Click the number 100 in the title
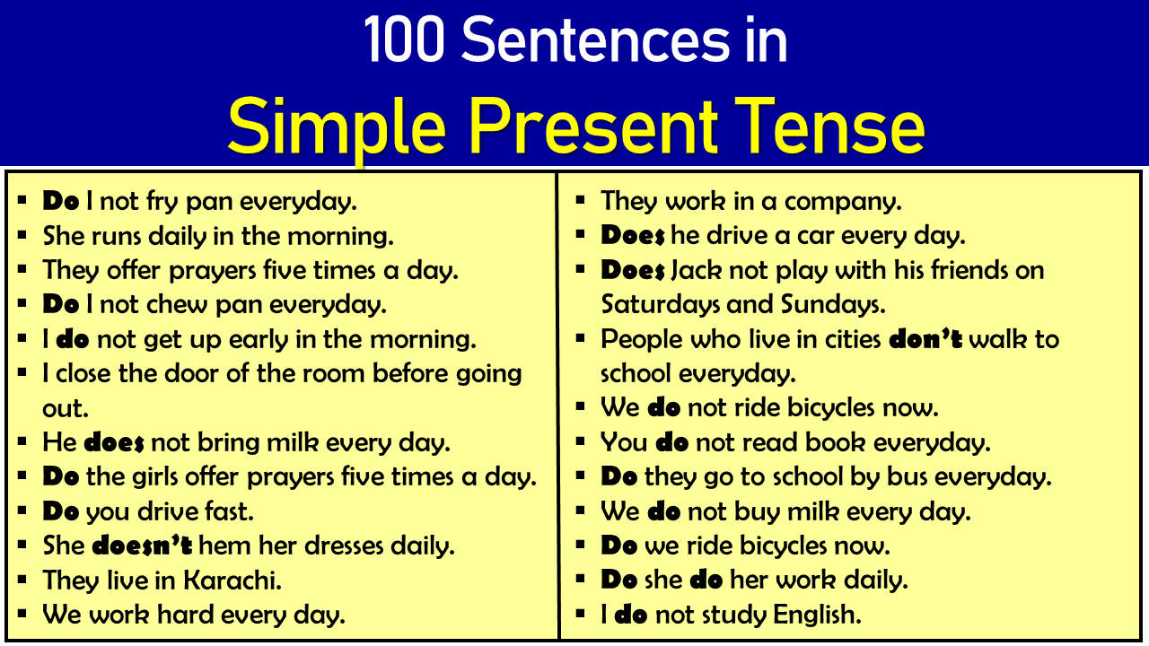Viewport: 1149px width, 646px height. click(404, 39)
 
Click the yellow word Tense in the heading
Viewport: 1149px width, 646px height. click(829, 127)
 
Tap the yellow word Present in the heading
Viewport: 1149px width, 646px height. click(593, 127)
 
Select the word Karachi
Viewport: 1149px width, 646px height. click(232, 581)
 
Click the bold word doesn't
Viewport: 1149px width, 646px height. click(142, 546)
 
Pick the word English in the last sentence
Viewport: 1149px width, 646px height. click(817, 615)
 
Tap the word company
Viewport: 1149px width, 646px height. click(843, 202)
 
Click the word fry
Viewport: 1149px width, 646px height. click(162, 202)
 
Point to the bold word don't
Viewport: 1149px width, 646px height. click(925, 339)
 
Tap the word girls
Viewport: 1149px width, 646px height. click(154, 477)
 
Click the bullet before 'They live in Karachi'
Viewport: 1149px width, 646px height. click(22, 580)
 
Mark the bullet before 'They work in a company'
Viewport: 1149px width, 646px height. click(580, 200)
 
